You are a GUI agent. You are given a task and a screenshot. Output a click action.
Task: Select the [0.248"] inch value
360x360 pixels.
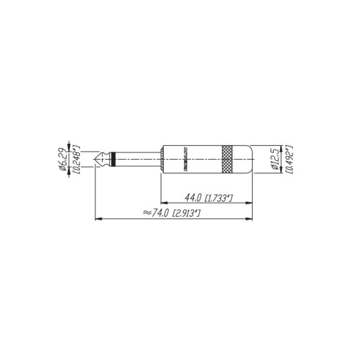76,161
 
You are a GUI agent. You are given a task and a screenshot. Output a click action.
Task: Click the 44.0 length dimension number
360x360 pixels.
193,197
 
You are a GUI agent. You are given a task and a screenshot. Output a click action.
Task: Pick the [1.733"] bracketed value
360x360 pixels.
220,197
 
